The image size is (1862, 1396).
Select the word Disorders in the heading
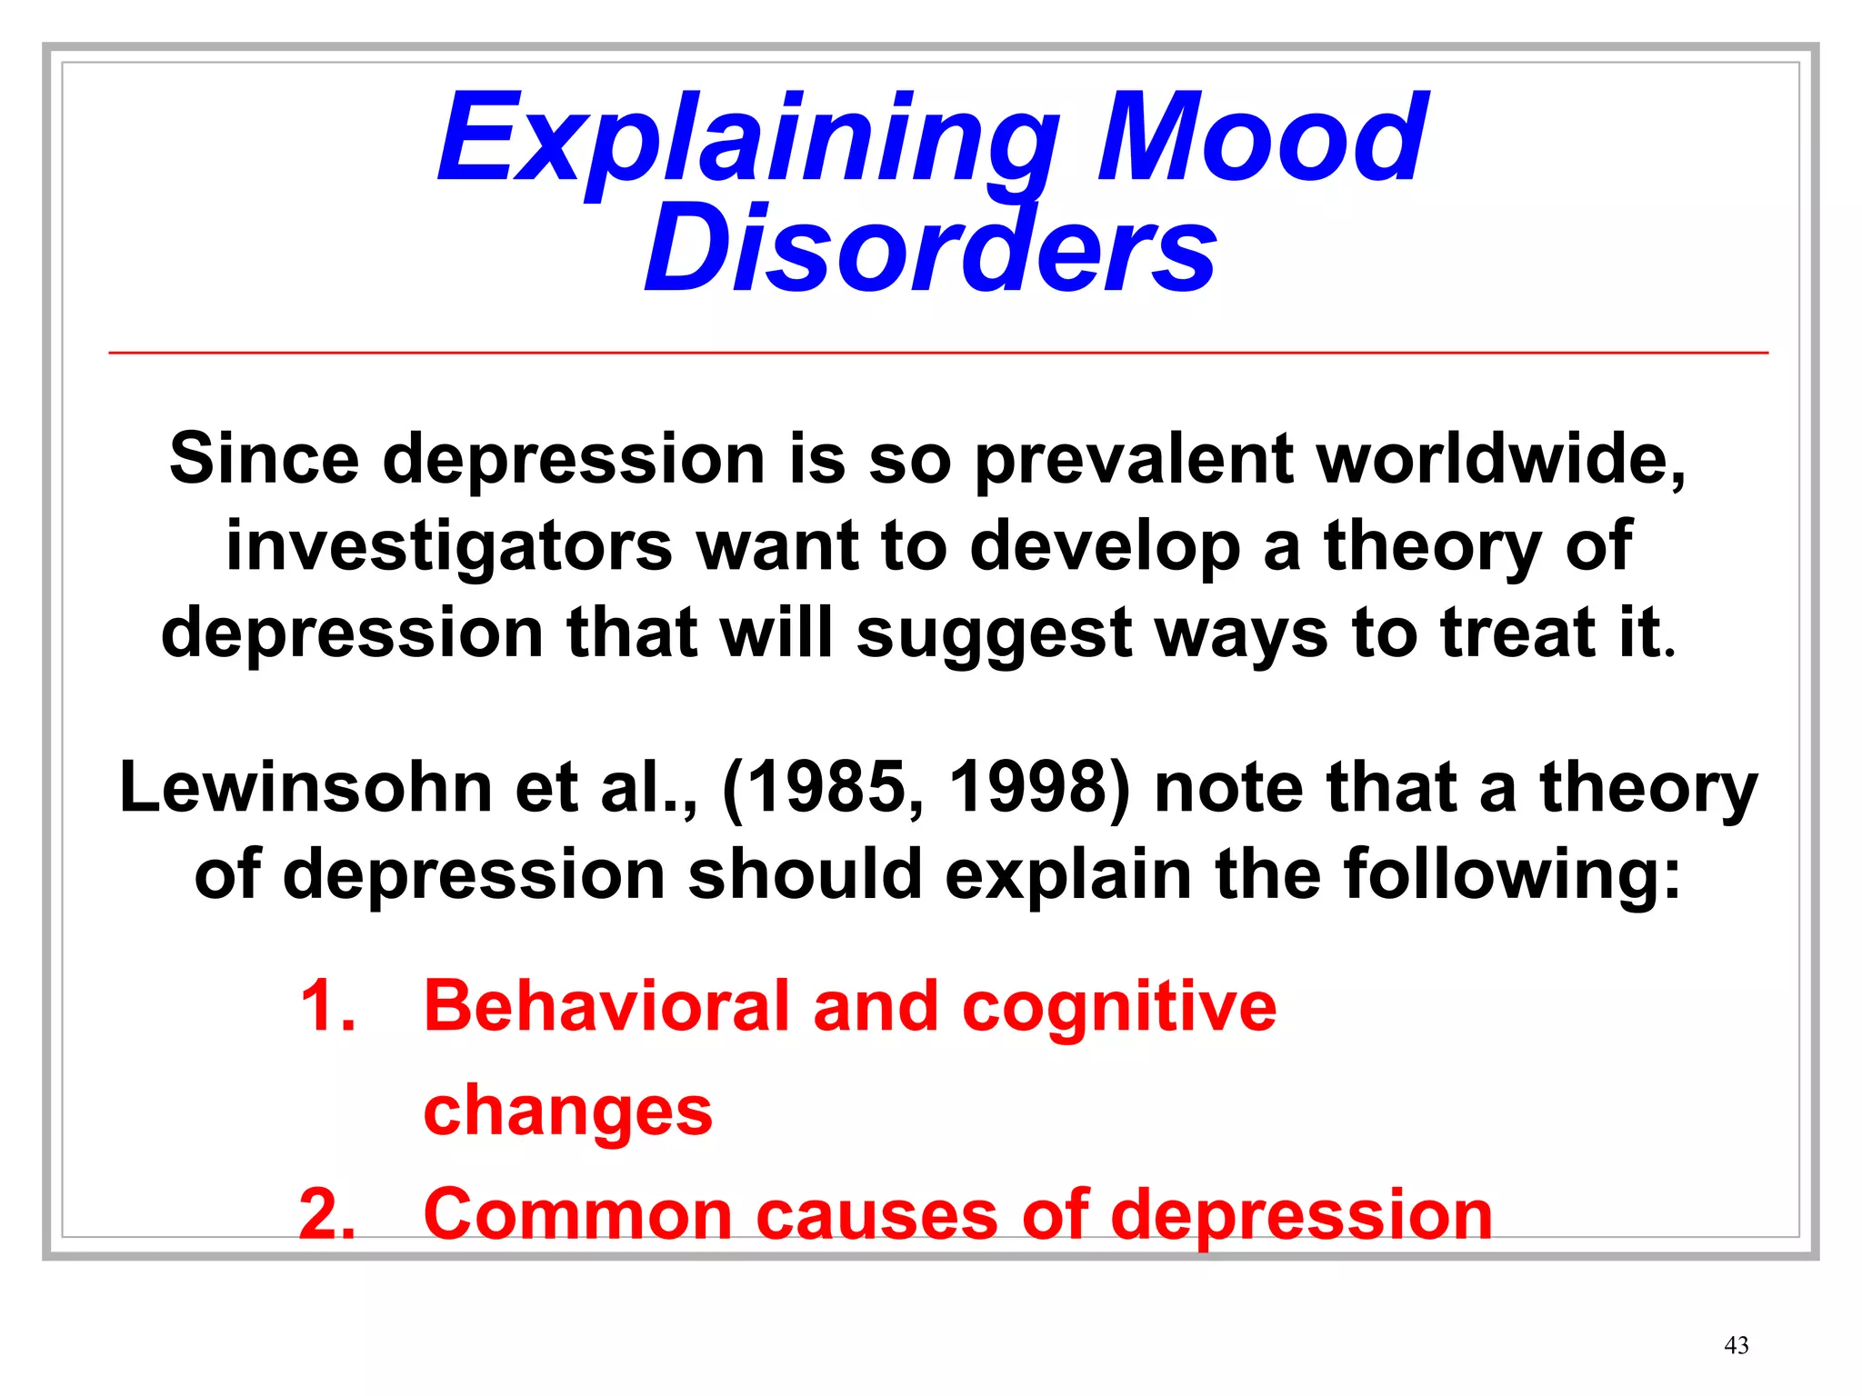pos(929,247)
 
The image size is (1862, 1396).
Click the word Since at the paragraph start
pos(264,459)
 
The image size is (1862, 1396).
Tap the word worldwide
pos(1500,459)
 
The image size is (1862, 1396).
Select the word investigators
pos(449,546)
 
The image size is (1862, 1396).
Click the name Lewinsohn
pos(305,787)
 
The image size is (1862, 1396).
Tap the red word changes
pos(567,1112)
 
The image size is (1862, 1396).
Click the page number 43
pos(1736,1345)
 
